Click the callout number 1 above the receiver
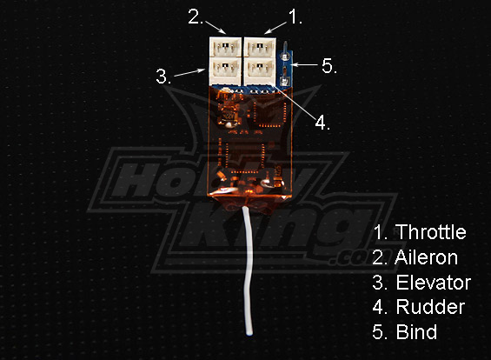click(x=295, y=17)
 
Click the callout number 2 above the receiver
click(x=195, y=17)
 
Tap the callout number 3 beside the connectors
click(x=163, y=77)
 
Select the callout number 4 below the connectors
click(x=322, y=123)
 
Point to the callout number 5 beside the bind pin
click(x=329, y=66)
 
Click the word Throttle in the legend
click(x=432, y=232)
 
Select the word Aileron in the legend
click(x=427, y=257)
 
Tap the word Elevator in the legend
click(x=434, y=283)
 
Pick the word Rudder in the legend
click(x=430, y=307)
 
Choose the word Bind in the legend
click(x=417, y=331)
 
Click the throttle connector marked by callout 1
click(x=260, y=47)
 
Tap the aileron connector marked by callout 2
click(x=225, y=47)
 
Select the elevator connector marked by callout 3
click(x=225, y=70)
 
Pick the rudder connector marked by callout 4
click(x=260, y=70)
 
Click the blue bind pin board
click(x=286, y=68)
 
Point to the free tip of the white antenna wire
click(x=249, y=334)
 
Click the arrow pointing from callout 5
click(x=305, y=65)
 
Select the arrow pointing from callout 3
click(x=189, y=73)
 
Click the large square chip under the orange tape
click(x=244, y=157)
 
